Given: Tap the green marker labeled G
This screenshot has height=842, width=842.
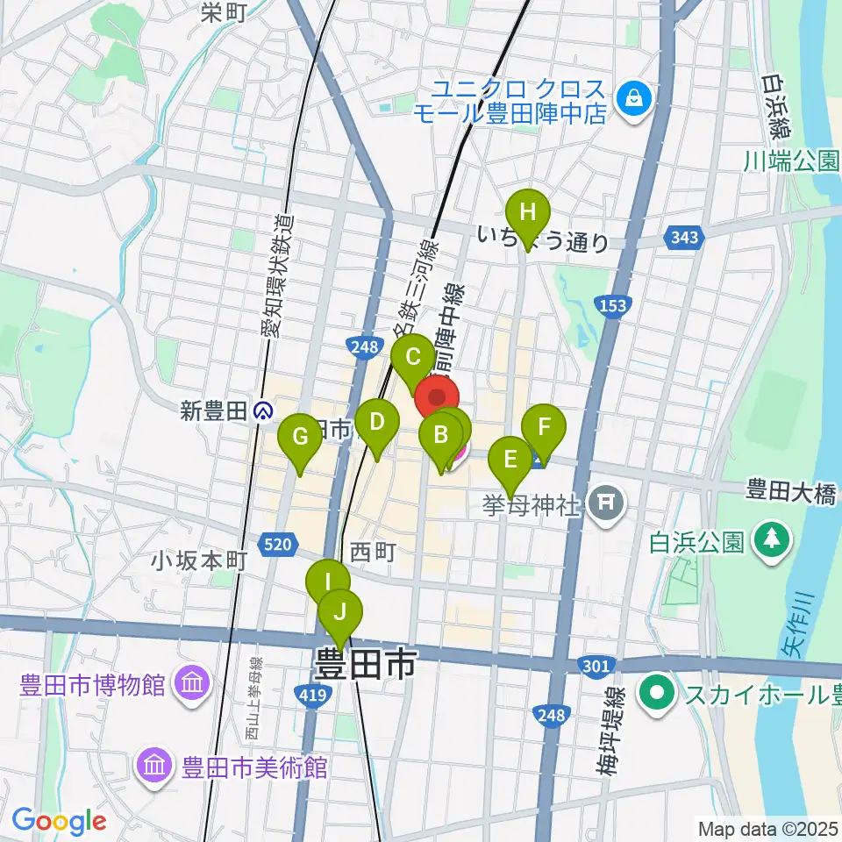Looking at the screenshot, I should pos(300,437).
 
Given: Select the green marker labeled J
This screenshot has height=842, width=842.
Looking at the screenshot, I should pos(340,612).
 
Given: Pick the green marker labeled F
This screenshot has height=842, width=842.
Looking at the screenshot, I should pos(544,428).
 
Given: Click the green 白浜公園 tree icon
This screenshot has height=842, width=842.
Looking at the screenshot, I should pos(771,539).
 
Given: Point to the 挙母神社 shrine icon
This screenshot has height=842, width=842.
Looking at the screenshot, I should pos(605,503).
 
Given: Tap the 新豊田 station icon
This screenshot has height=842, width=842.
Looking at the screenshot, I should pos(262,410).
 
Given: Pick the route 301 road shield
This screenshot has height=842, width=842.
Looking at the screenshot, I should pos(596,668).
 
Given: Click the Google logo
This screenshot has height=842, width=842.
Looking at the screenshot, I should pos(60,821).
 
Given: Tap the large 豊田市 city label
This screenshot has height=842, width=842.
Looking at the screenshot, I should pos(366,665).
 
